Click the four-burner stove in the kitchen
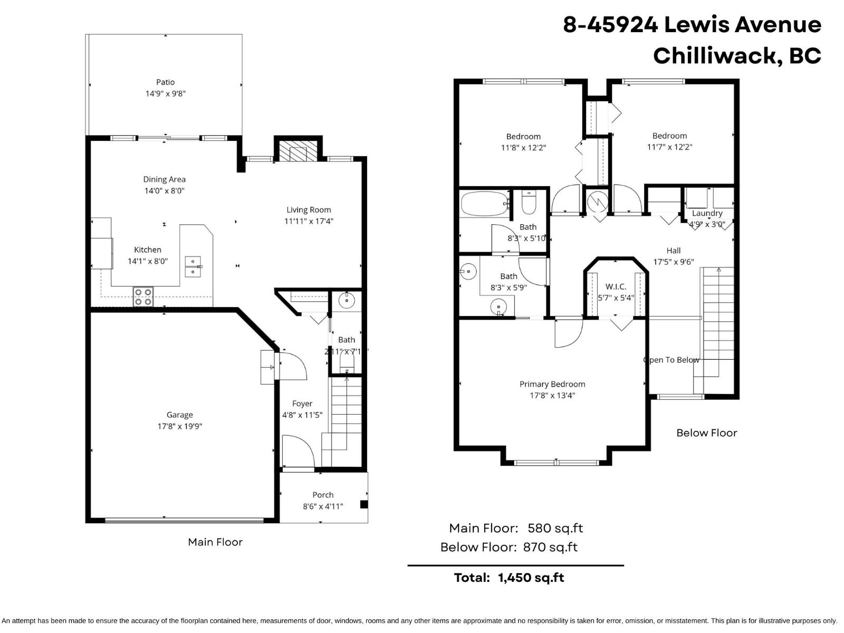[143, 296]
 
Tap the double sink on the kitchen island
[193, 267]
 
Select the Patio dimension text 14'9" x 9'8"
[166, 93]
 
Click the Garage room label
[179, 415]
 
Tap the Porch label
[323, 495]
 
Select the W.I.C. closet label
[616, 286]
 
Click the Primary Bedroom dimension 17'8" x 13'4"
[552, 395]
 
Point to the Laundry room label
[707, 213]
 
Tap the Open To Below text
[672, 360]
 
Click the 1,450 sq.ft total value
[531, 578]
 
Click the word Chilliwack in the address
[717, 55]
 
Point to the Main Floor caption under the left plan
[215, 542]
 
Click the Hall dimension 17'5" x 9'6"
[674, 262]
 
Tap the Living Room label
[309, 209]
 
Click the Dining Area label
[164, 179]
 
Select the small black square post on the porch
[364, 504]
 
